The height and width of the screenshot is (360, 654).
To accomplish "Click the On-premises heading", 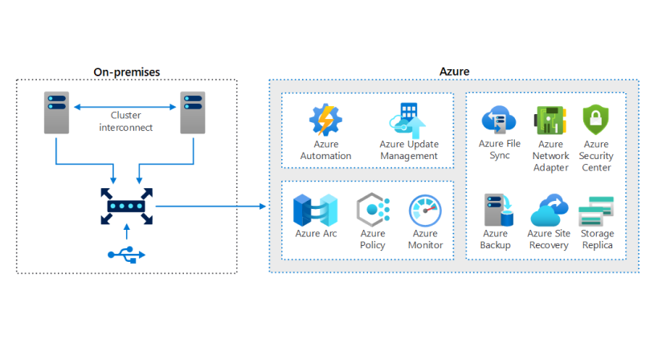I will [x=126, y=72].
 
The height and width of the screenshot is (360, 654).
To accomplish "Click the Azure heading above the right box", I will [x=454, y=72].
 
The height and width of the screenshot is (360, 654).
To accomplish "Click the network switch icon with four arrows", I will [x=126, y=207].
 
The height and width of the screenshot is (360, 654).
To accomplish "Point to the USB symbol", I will [x=126, y=254].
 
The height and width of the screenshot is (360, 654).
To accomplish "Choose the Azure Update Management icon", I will [x=408, y=121].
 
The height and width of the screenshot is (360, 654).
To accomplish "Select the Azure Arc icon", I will [x=315, y=210].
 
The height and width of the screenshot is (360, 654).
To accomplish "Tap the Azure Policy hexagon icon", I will [x=372, y=211].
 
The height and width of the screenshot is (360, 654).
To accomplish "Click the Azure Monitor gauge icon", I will [x=425, y=211].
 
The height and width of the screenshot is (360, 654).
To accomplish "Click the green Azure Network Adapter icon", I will [x=550, y=121].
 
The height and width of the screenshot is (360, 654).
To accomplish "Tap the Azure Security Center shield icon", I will [x=596, y=121].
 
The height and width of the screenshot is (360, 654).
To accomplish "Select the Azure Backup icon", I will [x=496, y=211].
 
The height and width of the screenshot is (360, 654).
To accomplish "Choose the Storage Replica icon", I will [x=596, y=211].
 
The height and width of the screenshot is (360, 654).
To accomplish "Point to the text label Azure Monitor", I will [x=425, y=239].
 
